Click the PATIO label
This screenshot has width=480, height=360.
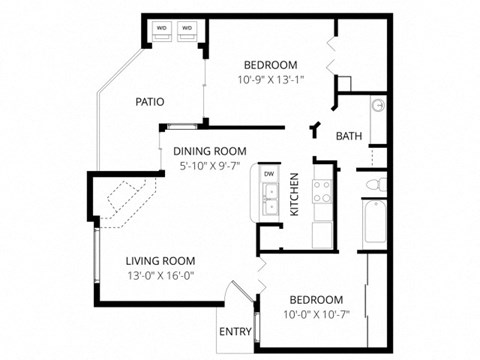(150, 101)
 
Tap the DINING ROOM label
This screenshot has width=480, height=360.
(211, 152)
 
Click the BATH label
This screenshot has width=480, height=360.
(348, 136)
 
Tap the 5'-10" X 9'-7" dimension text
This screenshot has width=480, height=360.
(211, 167)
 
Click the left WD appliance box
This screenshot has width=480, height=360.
(162, 30)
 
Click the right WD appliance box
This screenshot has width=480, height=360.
(187, 30)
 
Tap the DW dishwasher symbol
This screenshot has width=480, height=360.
(269, 175)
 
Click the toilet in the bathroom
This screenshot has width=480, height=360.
(371, 184)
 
